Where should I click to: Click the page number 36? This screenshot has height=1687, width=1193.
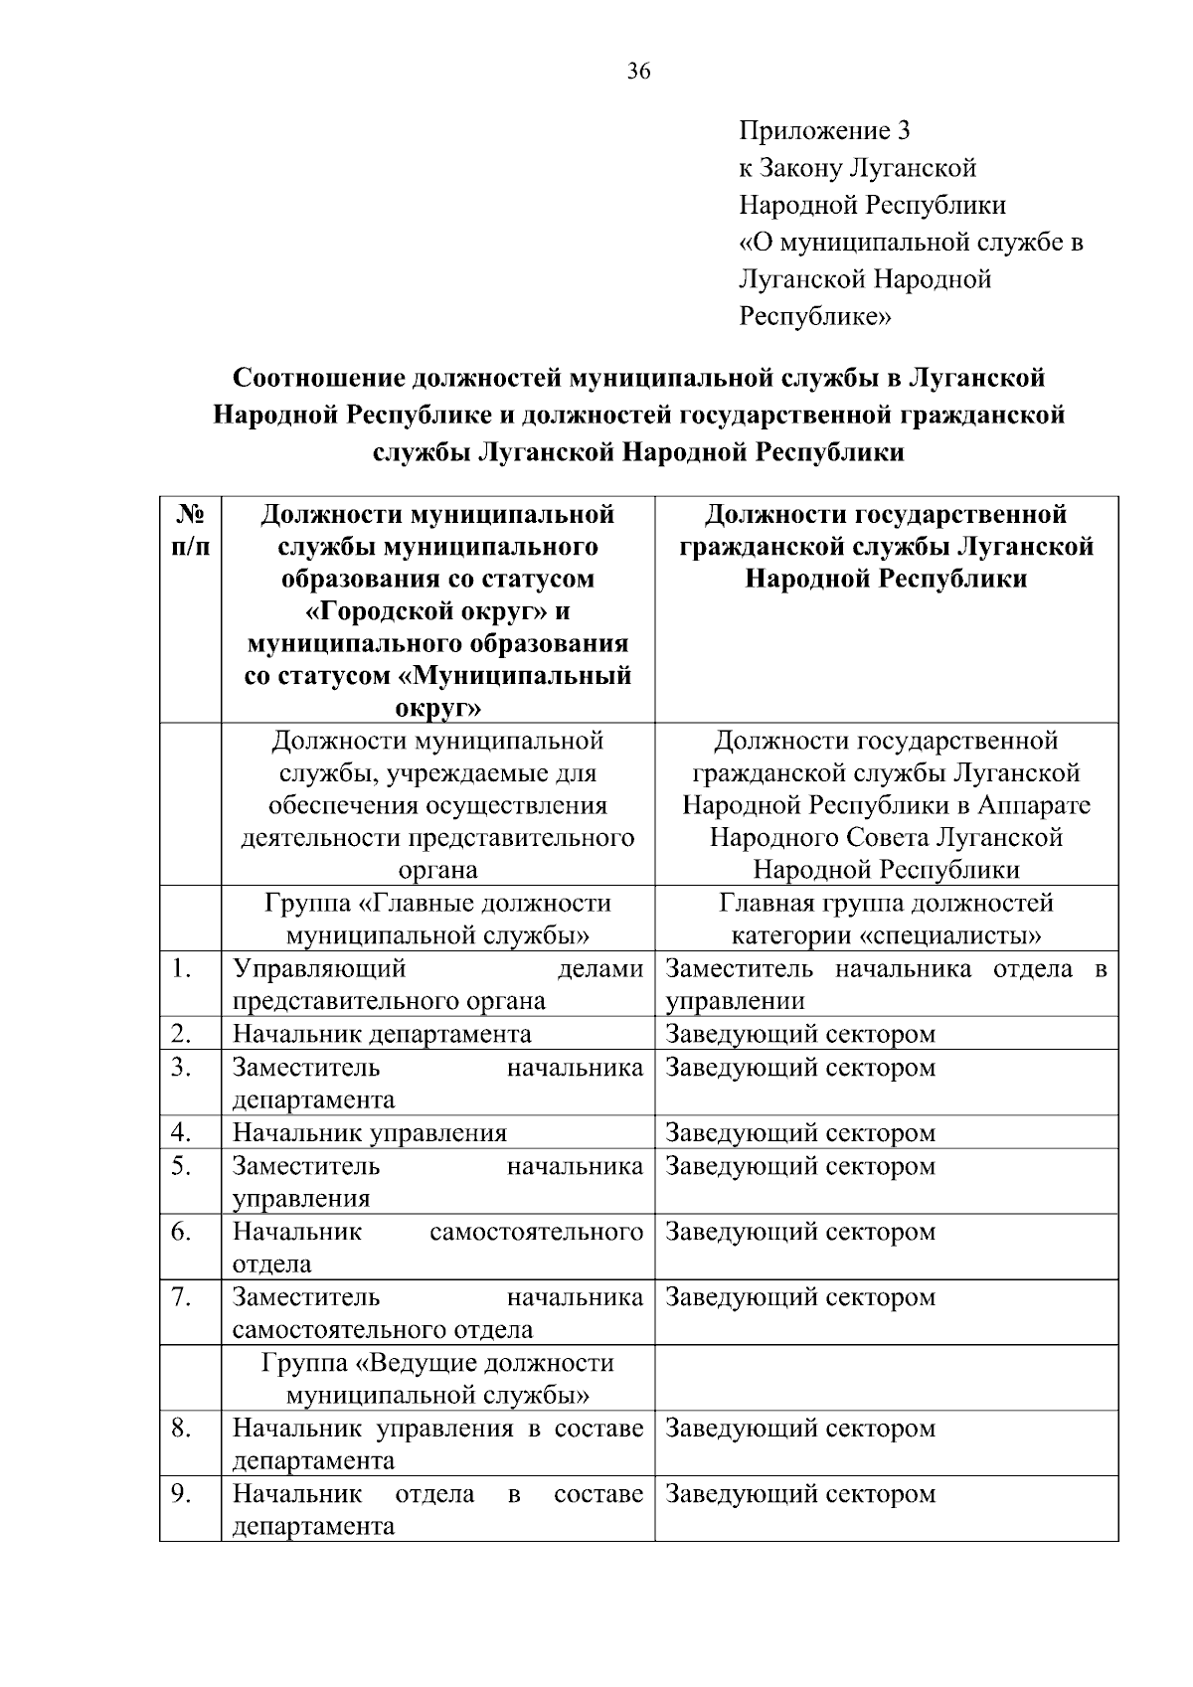click(638, 72)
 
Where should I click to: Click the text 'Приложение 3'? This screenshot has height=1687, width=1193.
click(824, 131)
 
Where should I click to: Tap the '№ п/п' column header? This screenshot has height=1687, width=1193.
click(191, 531)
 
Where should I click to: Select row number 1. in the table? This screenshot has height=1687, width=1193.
click(180, 968)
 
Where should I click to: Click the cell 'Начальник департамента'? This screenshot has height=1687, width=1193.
click(382, 1034)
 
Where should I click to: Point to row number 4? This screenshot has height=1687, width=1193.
click(180, 1132)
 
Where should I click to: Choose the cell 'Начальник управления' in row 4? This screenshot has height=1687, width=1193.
click(370, 1133)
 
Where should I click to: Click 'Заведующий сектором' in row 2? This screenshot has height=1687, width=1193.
click(800, 1034)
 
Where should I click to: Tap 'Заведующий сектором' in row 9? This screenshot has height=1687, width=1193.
click(800, 1494)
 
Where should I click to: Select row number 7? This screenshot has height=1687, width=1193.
click(180, 1296)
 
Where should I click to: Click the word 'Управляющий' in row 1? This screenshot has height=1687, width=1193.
click(319, 968)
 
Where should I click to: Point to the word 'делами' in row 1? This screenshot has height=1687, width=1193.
click(600, 968)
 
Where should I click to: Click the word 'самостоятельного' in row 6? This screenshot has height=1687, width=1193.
click(537, 1232)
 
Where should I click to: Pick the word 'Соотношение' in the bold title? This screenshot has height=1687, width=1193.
click(318, 379)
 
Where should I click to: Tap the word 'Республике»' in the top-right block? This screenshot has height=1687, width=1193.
click(815, 317)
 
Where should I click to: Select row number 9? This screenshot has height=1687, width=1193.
click(180, 1493)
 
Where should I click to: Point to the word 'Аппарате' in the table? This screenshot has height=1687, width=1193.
click(1034, 805)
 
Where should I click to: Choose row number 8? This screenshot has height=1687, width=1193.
click(180, 1429)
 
